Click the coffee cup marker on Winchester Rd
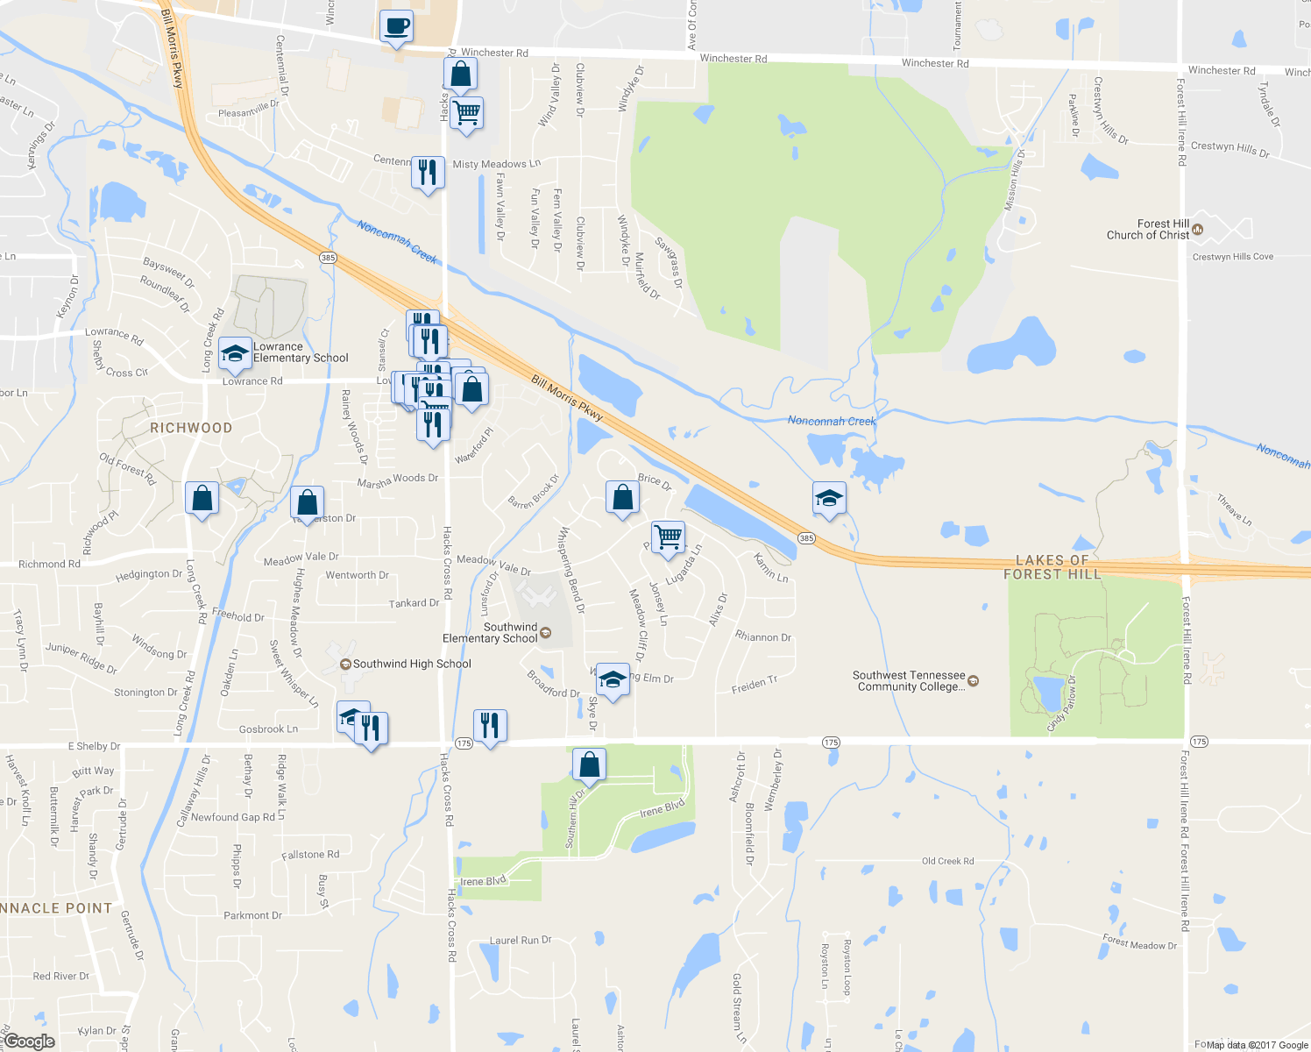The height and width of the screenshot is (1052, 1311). click(396, 26)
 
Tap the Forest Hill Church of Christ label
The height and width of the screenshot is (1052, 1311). click(1148, 230)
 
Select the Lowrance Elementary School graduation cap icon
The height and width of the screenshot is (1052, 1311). click(235, 353)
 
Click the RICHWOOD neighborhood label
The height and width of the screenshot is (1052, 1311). click(191, 428)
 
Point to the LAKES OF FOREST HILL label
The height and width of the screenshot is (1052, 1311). click(1052, 567)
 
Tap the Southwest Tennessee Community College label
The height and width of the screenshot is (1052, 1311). click(910, 681)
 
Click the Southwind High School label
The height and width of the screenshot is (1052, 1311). click(412, 665)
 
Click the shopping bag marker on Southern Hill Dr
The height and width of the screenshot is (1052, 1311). click(590, 764)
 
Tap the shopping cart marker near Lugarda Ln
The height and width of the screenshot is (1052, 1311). click(669, 537)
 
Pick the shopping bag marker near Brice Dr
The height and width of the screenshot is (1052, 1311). click(622, 497)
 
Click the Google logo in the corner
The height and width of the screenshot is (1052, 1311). click(29, 1041)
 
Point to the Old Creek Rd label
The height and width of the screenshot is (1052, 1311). click(947, 862)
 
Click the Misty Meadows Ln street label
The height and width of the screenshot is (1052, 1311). click(496, 165)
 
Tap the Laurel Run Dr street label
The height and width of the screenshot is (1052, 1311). click(521, 941)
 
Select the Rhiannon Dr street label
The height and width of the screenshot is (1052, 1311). click(762, 637)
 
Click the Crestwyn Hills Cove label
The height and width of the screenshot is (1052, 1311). click(1232, 257)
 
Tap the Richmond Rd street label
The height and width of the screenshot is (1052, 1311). click(49, 565)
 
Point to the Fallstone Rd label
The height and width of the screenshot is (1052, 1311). click(310, 855)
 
